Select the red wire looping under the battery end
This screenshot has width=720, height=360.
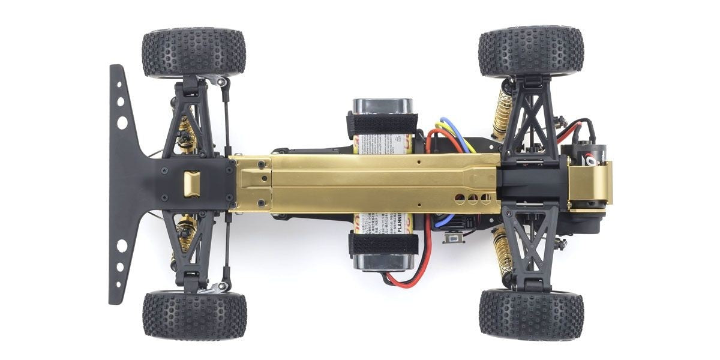pyautogui.click(x=403, y=279)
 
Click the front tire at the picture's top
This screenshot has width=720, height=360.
pyautogui.click(x=194, y=52)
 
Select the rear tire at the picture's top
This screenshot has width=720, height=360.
pyautogui.click(x=531, y=51)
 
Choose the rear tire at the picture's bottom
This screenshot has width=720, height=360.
pyautogui.click(x=531, y=314)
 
